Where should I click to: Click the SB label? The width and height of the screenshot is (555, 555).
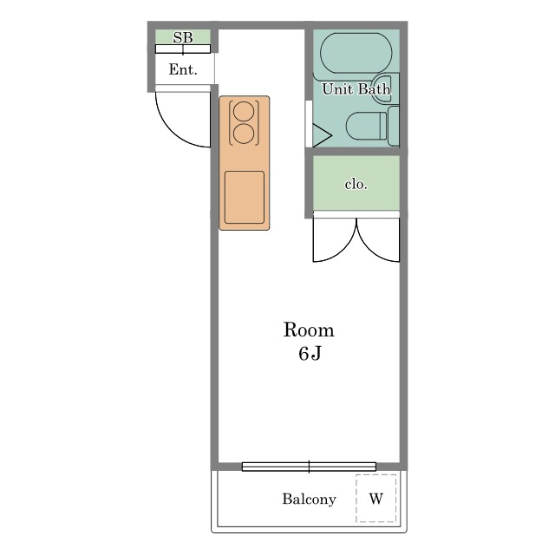click(x=183, y=37)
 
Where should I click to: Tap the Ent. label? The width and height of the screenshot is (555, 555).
click(x=183, y=69)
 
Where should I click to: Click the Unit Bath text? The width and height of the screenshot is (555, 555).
click(x=356, y=88)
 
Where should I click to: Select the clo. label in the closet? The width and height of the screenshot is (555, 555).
click(x=356, y=184)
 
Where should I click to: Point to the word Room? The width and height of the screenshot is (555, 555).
click(x=309, y=330)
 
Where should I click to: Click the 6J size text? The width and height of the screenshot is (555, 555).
click(x=310, y=353)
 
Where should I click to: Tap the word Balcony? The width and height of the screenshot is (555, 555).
click(x=309, y=499)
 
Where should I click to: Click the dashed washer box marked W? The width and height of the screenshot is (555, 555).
click(x=375, y=499)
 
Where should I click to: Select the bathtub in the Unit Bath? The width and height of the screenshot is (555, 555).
click(x=356, y=53)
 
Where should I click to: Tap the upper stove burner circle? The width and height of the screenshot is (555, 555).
click(x=244, y=112)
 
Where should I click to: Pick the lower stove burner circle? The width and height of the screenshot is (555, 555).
click(x=244, y=134)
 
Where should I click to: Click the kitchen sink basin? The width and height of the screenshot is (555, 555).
click(x=245, y=198)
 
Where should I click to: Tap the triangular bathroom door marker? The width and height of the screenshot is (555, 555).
click(x=322, y=135)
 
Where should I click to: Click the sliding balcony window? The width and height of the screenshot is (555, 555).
click(x=309, y=467)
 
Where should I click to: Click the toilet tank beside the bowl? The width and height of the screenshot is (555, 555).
click(x=394, y=126)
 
